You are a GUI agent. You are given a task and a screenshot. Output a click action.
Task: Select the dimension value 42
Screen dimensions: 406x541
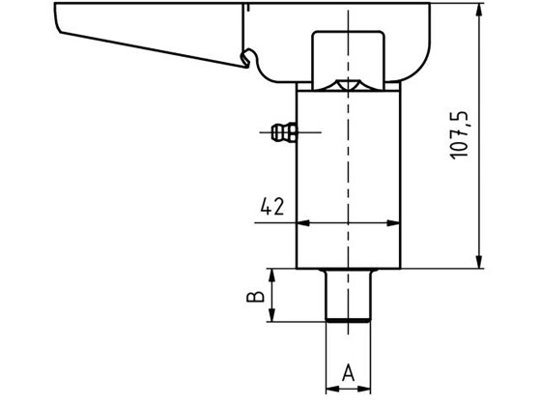(x=271, y=206)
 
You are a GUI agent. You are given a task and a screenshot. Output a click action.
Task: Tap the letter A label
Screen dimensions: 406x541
(x=348, y=371)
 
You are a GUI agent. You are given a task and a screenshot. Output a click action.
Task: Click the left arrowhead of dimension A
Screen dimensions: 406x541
(x=331, y=388)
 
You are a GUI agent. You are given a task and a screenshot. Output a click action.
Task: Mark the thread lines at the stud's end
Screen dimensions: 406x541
(x=348, y=317)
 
